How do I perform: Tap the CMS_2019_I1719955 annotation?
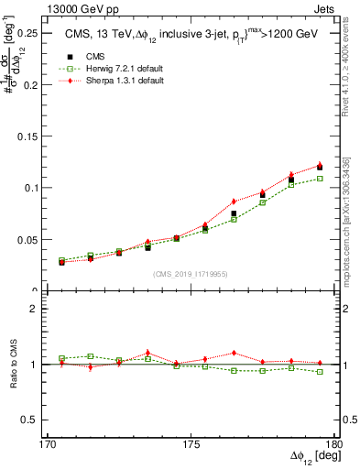(185, 274)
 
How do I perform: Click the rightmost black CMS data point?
(320, 167)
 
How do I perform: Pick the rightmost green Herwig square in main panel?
(320, 178)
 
